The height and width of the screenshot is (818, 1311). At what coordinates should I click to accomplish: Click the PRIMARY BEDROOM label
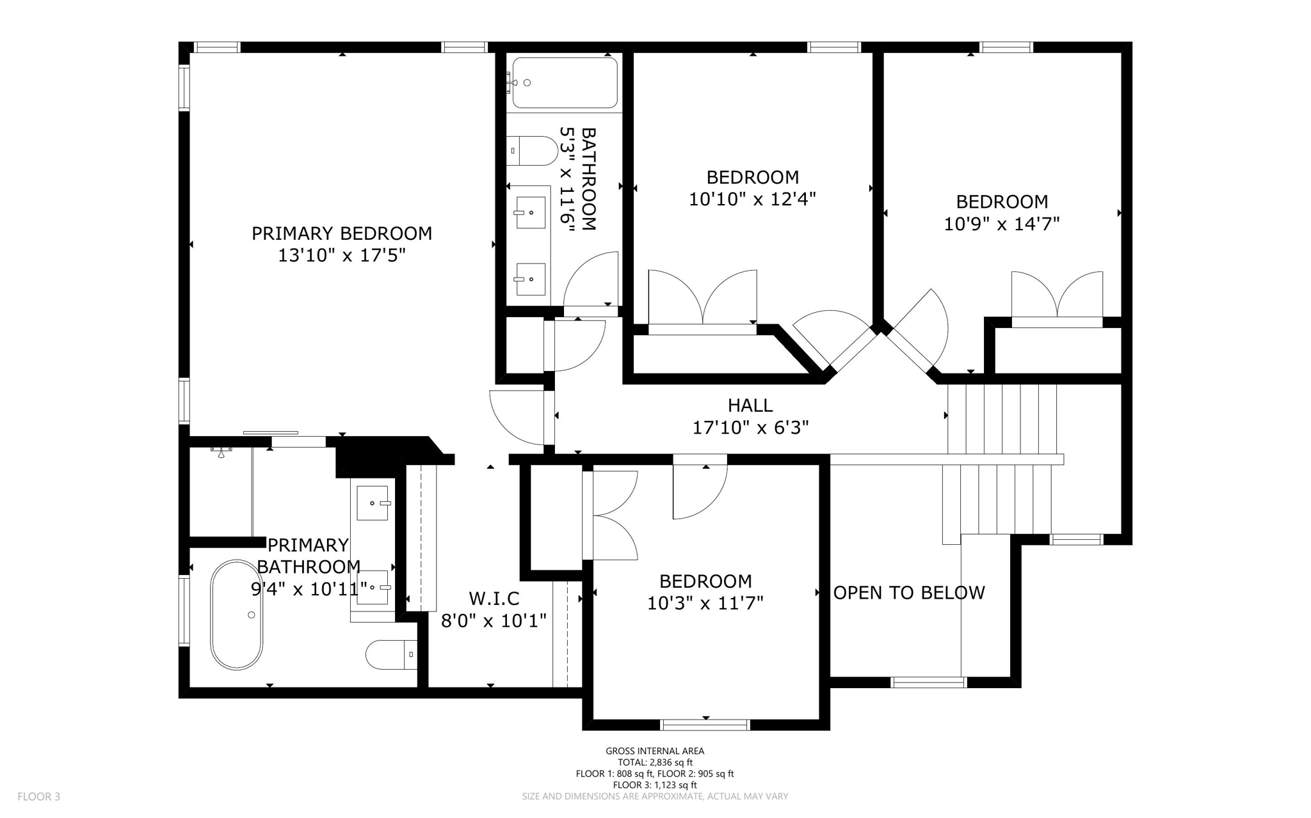pyautogui.click(x=342, y=233)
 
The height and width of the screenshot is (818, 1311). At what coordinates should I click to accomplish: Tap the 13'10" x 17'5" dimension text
pyautogui.click(x=342, y=256)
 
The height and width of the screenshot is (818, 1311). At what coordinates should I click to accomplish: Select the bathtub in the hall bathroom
pyautogui.click(x=565, y=83)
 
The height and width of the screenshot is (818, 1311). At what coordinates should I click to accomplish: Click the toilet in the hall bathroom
pyautogui.click(x=532, y=151)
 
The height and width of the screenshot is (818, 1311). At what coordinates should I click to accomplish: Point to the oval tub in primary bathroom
pyautogui.click(x=237, y=615)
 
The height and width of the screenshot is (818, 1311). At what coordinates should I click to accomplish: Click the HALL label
pyautogui.click(x=750, y=405)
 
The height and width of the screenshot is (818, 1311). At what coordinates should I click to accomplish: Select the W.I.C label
pyautogui.click(x=494, y=599)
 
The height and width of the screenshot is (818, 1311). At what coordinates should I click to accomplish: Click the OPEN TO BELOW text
pyautogui.click(x=909, y=593)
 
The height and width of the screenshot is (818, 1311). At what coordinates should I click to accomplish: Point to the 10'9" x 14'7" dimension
pyautogui.click(x=1002, y=224)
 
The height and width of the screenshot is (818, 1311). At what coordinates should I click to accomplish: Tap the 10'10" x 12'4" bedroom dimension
pyautogui.click(x=752, y=200)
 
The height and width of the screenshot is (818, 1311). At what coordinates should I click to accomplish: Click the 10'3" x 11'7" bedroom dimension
pyautogui.click(x=705, y=603)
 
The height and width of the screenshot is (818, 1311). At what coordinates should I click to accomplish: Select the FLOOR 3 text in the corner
pyautogui.click(x=39, y=797)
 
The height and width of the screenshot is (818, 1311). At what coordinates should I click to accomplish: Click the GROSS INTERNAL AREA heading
pyautogui.click(x=655, y=751)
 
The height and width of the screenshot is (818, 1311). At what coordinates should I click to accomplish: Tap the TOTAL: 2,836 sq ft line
pyautogui.click(x=655, y=762)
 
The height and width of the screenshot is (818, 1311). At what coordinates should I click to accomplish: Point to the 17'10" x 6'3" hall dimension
pyautogui.click(x=750, y=427)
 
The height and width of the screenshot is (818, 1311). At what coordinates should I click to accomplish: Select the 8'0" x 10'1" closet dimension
pyautogui.click(x=494, y=620)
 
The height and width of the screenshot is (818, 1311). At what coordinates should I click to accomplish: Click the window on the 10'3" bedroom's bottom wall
pyautogui.click(x=705, y=725)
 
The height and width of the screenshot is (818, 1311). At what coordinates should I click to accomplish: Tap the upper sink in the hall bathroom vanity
pyautogui.click(x=531, y=212)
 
